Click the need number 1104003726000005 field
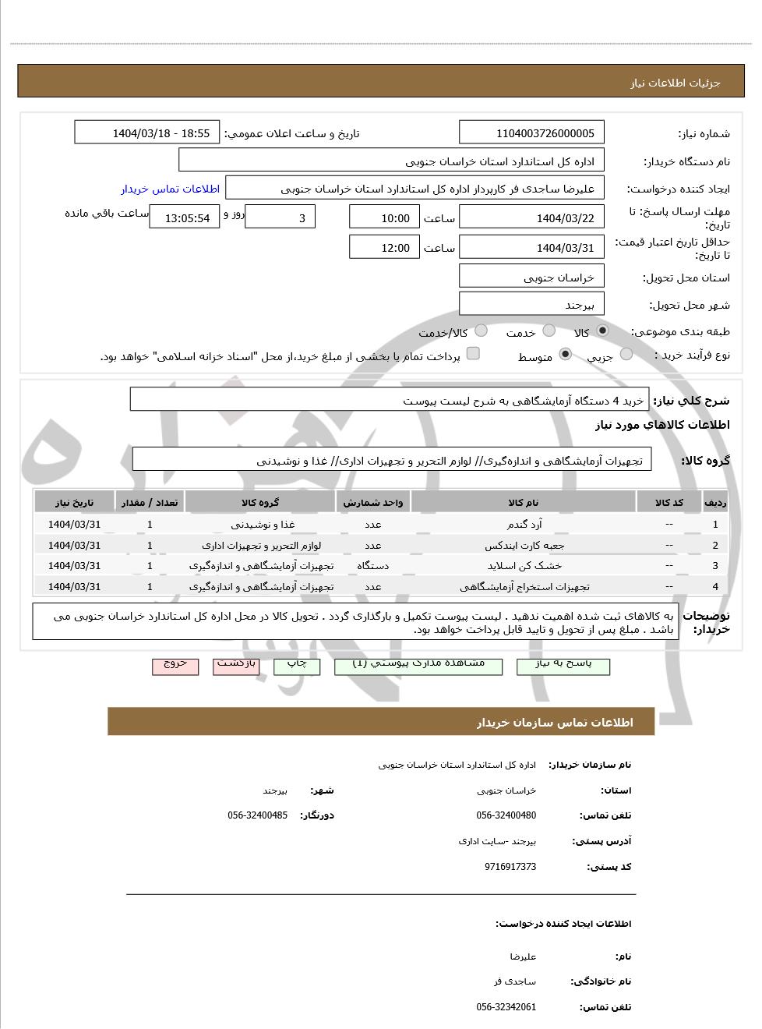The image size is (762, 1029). click(532, 133)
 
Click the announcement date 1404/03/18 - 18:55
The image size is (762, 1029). click(147, 133)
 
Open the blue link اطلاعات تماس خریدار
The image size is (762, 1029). click(170, 189)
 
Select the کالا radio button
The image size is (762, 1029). click(602, 331)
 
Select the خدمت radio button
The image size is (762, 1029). click(549, 331)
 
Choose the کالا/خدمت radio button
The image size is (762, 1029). click(481, 331)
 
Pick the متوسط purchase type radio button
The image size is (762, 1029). click(566, 355)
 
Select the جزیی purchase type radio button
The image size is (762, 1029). click(626, 355)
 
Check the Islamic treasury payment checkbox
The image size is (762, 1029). click(472, 354)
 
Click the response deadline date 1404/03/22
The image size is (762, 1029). click(532, 217)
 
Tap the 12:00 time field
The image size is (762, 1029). click(384, 248)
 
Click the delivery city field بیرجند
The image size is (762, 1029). click(532, 305)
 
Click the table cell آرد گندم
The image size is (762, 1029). click(523, 525)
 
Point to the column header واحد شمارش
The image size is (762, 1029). click(372, 503)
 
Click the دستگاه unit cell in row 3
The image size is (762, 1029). click(372, 566)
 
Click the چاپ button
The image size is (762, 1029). click(298, 664)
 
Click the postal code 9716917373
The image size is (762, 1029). click(510, 867)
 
